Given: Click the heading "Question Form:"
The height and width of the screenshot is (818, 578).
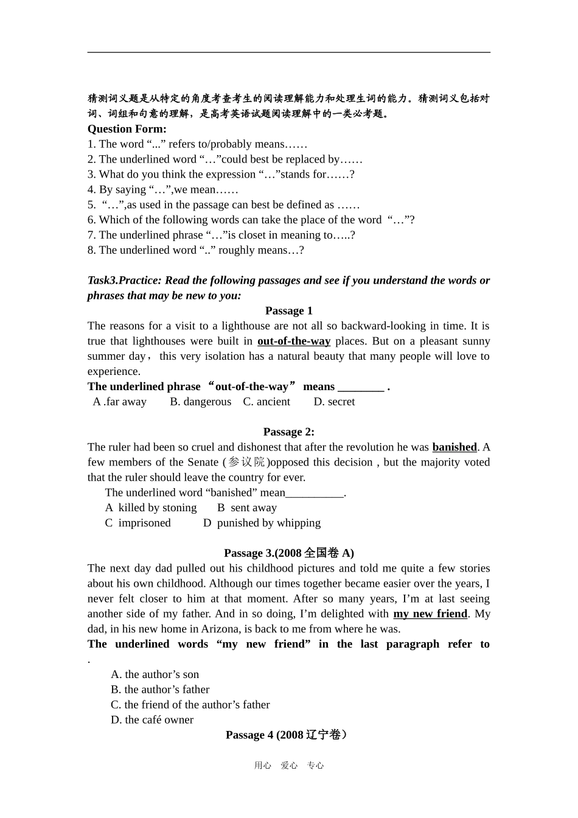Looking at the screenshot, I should point(127,128).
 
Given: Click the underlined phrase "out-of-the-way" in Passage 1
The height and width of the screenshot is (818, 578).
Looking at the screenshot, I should point(294,341).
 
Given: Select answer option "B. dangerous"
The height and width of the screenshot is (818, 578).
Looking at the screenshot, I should point(200,402).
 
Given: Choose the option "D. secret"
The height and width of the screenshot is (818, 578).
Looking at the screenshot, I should point(334,402).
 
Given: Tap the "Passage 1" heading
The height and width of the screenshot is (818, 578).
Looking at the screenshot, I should point(288,310).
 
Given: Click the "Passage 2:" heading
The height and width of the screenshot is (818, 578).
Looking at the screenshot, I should point(288,432).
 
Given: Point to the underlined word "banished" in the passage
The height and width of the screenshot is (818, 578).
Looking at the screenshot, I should point(454,447).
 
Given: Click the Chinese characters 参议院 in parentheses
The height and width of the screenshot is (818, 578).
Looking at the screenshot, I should point(247,463).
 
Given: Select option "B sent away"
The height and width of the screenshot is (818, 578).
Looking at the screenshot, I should point(247,508).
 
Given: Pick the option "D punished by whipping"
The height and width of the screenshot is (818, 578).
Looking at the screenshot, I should point(262,523).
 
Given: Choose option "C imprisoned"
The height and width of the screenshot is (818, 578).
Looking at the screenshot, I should point(138,523).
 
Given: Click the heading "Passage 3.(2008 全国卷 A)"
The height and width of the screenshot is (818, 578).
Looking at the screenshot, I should point(288,553).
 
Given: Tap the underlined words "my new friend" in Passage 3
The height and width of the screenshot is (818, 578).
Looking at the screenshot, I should point(430,613).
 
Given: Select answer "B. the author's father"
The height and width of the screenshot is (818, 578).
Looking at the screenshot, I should point(160,690).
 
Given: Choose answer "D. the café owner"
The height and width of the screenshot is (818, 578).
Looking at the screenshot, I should point(152,720).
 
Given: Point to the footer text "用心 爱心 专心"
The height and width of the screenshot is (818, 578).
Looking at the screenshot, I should point(289,766).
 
